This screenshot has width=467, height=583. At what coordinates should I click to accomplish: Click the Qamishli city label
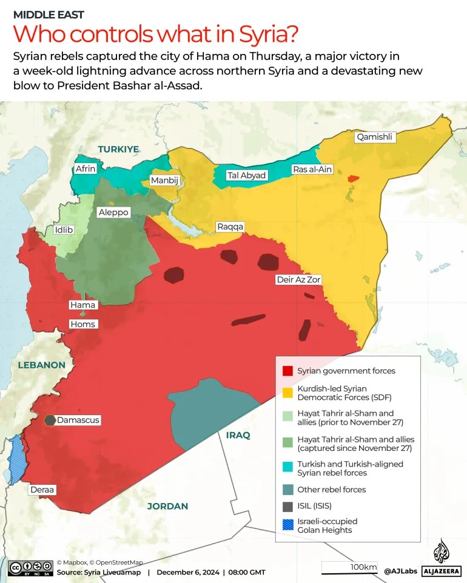coord(375,137)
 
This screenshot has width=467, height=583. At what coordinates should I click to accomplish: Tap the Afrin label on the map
coord(86,168)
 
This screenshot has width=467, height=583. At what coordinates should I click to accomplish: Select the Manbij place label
coord(165,181)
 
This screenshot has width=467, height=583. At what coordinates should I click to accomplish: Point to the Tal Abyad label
coord(246,175)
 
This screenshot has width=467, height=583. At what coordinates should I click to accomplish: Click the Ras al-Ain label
coord(312,169)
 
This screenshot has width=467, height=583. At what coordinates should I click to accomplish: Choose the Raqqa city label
coord(230,227)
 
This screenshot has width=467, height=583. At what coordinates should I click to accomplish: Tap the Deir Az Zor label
coord(298,279)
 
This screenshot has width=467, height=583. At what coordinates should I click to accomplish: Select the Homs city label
coord(83,324)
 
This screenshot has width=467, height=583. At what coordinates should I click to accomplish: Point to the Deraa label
coord(42,489)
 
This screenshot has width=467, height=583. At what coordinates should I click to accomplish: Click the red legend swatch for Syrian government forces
coord(287,371)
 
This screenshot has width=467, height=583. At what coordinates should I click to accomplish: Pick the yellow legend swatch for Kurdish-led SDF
coord(287,393)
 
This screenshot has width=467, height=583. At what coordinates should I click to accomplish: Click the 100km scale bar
coord(349,569)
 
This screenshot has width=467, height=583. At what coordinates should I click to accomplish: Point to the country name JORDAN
coord(168,506)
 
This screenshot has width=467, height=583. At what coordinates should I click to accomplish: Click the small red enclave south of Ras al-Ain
coord(352,179)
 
